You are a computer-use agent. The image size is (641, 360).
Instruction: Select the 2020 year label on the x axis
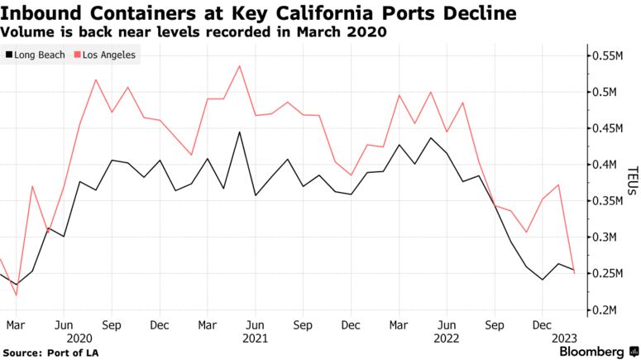[79, 338]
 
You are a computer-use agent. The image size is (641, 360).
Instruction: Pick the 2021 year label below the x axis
[255, 338]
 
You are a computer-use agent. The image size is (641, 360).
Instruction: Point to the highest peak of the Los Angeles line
[239, 65]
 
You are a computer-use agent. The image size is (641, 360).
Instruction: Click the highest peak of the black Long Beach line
[239, 132]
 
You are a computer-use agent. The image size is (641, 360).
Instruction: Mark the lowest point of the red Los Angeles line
[16, 295]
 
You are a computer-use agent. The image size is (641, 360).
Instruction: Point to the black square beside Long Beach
[8, 55]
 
